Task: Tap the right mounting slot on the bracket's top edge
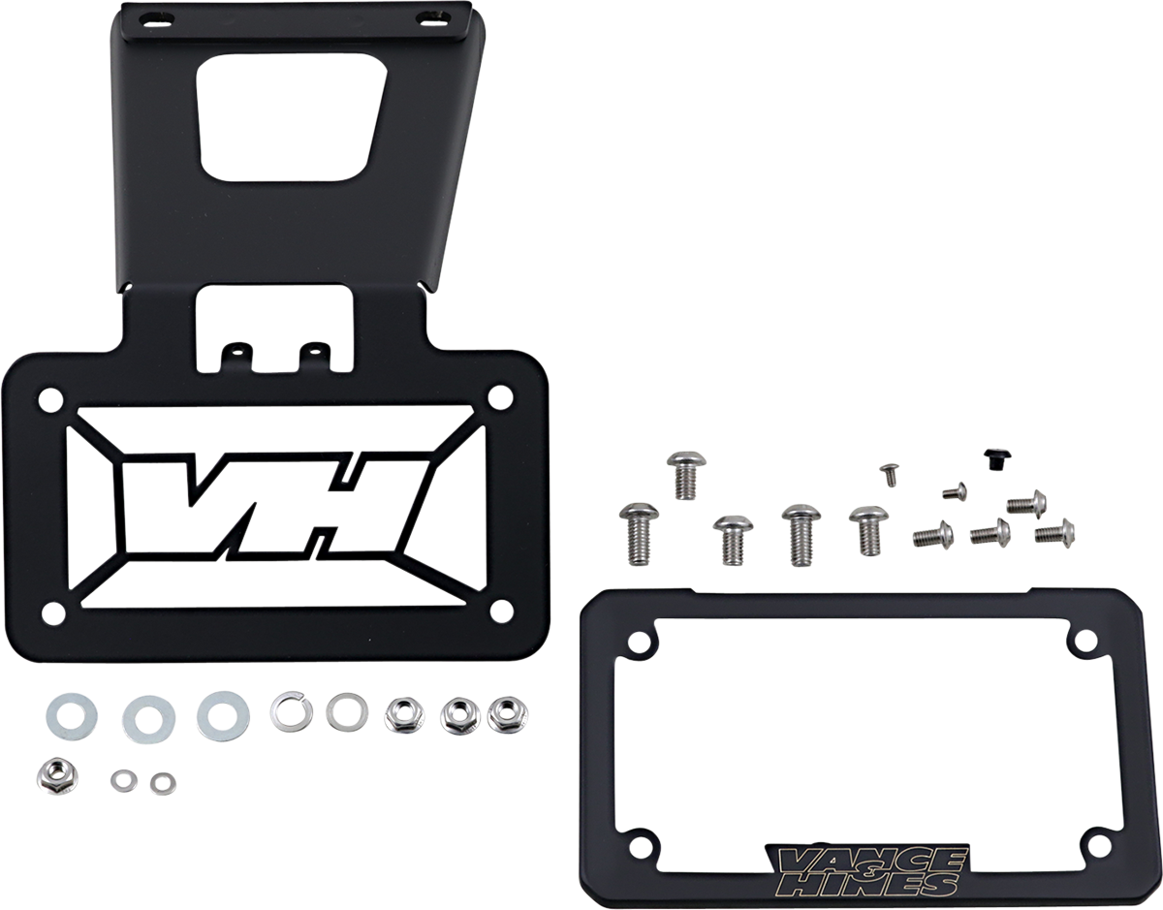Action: (x=427, y=18)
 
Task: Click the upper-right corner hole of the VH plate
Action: (x=500, y=397)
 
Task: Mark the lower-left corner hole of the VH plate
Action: (x=53, y=612)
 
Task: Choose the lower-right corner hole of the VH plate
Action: (x=501, y=611)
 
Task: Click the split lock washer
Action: (x=291, y=712)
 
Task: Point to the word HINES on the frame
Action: (x=877, y=884)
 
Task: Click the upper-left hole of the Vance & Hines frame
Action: (x=641, y=641)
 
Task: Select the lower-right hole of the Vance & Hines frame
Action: (x=1098, y=845)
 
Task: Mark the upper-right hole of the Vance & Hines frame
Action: (x=1085, y=640)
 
